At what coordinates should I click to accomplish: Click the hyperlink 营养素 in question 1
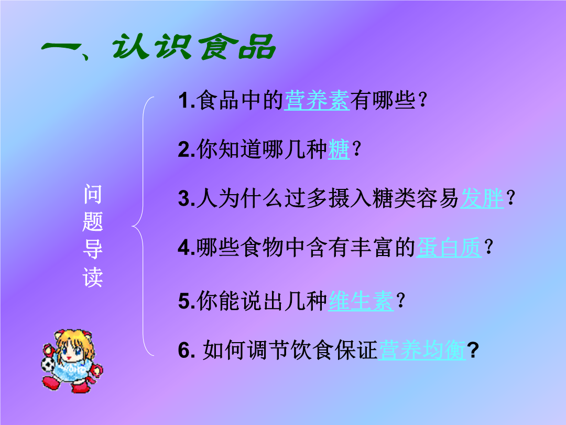point(317,100)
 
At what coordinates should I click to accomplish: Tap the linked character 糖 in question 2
point(339,149)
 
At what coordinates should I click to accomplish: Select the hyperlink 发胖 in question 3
point(482,198)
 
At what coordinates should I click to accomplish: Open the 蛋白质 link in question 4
point(449,248)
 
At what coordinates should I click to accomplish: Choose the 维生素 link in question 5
point(361,301)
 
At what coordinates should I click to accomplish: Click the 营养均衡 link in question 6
point(422,350)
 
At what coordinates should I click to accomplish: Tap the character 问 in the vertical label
point(93,194)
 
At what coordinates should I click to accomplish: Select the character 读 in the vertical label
point(93,278)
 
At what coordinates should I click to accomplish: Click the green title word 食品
point(238,47)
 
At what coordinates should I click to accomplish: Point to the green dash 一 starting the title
point(61,47)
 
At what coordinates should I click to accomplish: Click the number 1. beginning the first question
point(187,100)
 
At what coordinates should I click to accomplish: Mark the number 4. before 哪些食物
point(187,248)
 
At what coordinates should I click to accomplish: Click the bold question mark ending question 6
point(473,350)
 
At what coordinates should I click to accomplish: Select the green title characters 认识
point(151,47)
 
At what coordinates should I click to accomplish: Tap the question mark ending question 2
point(356,149)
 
